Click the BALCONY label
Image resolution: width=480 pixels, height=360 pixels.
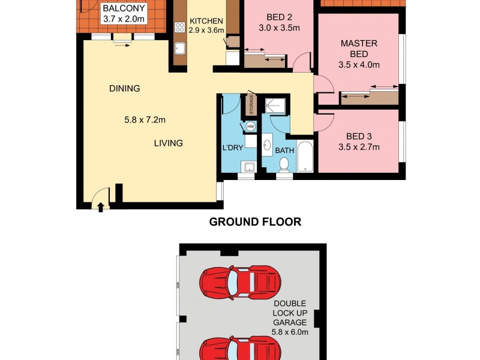pyautogui.click(x=124, y=9)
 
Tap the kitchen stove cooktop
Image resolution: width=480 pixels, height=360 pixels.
pyautogui.click(x=179, y=27)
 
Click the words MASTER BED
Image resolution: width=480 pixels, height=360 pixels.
pyautogui.click(x=359, y=49)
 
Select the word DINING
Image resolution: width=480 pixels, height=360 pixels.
pyautogui.click(x=124, y=88)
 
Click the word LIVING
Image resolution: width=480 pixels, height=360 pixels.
pyautogui.click(x=168, y=143)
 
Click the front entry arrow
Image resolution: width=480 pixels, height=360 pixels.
pyautogui.click(x=101, y=207)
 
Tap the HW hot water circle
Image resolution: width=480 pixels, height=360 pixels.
pyautogui.click(x=250, y=127)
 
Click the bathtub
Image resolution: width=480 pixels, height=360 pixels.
pyautogui.click(x=304, y=156)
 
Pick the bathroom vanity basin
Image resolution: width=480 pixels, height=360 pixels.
pyautogui.click(x=267, y=143)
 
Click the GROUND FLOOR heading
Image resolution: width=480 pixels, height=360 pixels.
pyautogui.click(x=255, y=222)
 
